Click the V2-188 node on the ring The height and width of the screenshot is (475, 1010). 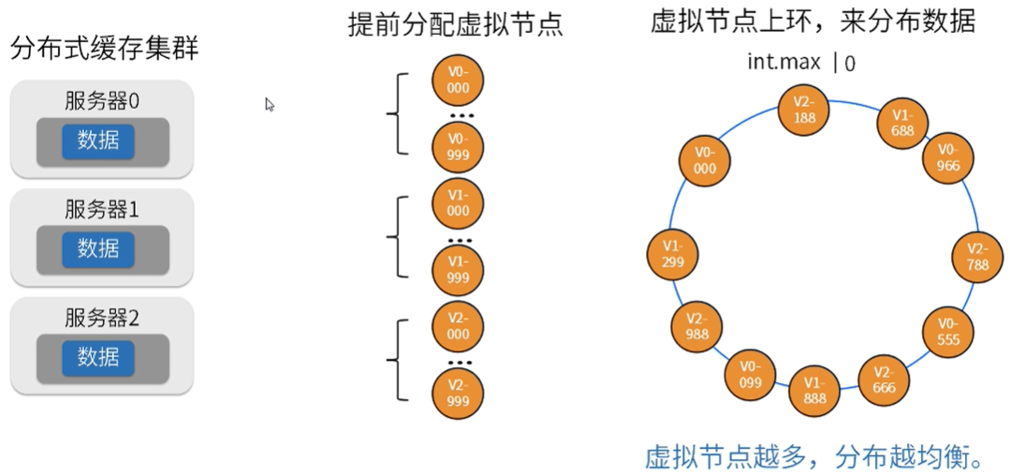(x=804, y=110)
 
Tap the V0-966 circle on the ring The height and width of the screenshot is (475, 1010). (x=948, y=157)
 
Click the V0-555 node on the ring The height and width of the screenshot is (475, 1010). (x=947, y=332)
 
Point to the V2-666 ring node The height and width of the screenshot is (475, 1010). (x=883, y=380)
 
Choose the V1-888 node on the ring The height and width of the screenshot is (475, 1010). (x=812, y=392)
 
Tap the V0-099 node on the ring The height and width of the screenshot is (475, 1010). (x=750, y=375)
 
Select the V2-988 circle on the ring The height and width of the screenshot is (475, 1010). (x=695, y=327)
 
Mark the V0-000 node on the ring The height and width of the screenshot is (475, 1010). (x=706, y=160)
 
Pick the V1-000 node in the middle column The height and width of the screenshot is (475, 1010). (x=458, y=203)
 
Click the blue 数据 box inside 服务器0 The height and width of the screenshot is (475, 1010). (x=98, y=141)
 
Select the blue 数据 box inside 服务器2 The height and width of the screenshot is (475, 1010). (x=98, y=357)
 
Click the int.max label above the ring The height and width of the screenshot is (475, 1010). (x=784, y=63)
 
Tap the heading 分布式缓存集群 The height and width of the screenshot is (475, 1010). (x=105, y=50)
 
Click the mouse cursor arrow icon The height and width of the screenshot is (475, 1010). (x=270, y=105)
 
